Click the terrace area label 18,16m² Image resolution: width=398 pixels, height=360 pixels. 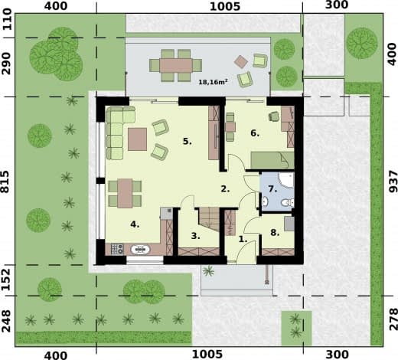pos(213,82)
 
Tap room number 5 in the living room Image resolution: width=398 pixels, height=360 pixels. pos(188,141)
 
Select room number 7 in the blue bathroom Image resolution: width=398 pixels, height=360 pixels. pos(272,189)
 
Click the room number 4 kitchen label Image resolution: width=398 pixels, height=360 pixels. pos(135,224)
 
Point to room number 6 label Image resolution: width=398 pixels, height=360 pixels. pos(255,133)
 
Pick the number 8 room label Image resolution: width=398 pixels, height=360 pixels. pos(275,233)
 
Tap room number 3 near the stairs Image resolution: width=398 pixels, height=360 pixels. pos(195,236)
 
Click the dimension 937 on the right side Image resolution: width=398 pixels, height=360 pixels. pos(393,182)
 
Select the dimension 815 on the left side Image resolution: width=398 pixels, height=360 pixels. pos(5,182)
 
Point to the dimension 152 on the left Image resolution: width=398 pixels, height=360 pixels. pos(5,280)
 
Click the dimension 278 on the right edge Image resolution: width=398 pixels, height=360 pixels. pos(393,319)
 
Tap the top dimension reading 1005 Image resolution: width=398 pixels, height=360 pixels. pos(225,7)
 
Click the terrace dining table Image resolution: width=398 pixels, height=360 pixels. pos(176,65)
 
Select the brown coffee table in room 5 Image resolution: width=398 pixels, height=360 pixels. pos(137,139)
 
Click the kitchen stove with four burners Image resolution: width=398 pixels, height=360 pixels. pos(117,249)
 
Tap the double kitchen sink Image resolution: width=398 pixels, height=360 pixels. pos(140,250)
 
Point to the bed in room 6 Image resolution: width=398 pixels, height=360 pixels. pos(272,160)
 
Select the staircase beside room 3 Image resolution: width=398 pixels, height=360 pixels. pos(209,219)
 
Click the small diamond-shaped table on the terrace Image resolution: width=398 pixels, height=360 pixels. pos(241,61)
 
